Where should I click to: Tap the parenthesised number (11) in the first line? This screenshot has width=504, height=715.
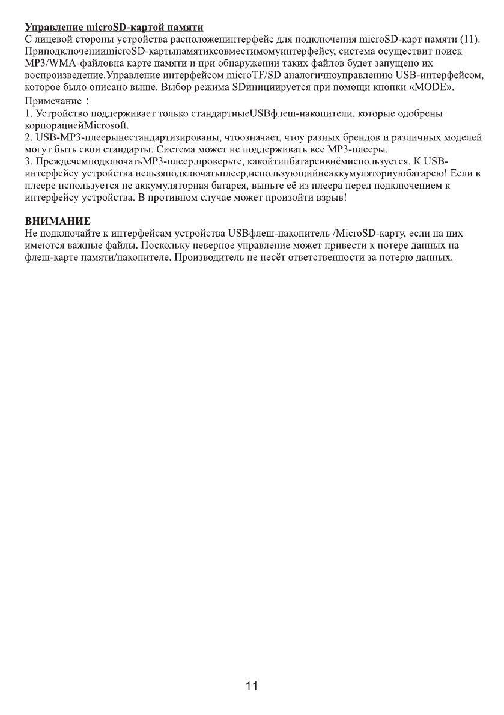[468, 40]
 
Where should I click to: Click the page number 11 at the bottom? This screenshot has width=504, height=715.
[252, 686]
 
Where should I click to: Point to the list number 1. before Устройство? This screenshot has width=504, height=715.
[28, 114]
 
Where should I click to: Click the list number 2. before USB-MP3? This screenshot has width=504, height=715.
[28, 138]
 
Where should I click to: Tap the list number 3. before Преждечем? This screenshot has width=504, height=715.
[28, 162]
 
